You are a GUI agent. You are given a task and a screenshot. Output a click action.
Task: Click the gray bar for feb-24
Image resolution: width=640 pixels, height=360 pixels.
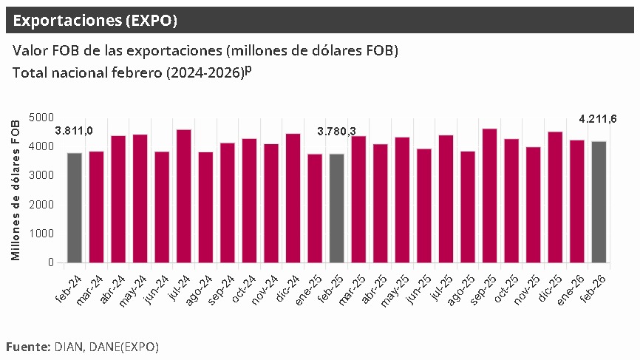pos(75,208)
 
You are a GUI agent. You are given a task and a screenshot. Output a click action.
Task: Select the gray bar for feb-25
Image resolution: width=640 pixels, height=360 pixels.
pos(337,208)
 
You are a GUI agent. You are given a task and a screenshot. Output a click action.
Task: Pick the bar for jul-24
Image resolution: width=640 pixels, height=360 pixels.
pos(184,196)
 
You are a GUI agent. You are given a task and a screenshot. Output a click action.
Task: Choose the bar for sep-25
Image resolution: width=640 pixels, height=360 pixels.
pos(490,196)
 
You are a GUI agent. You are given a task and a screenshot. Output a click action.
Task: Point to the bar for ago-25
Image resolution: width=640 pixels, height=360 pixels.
pos(468,207)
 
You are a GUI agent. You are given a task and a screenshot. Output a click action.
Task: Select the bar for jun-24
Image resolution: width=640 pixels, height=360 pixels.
pos(162,207)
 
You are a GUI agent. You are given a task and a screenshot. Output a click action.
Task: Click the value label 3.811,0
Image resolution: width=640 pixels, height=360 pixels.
pos(74,131)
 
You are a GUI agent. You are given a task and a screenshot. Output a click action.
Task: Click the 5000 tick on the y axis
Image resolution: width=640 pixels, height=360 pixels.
pos(42,118)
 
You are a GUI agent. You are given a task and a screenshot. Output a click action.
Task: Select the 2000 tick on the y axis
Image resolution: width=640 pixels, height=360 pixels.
pos(42,205)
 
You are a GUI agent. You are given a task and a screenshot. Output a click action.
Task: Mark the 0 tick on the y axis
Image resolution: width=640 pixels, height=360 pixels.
pos(50,262)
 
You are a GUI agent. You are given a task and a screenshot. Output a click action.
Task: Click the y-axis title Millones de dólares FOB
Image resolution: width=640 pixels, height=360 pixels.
pos(16,190)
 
